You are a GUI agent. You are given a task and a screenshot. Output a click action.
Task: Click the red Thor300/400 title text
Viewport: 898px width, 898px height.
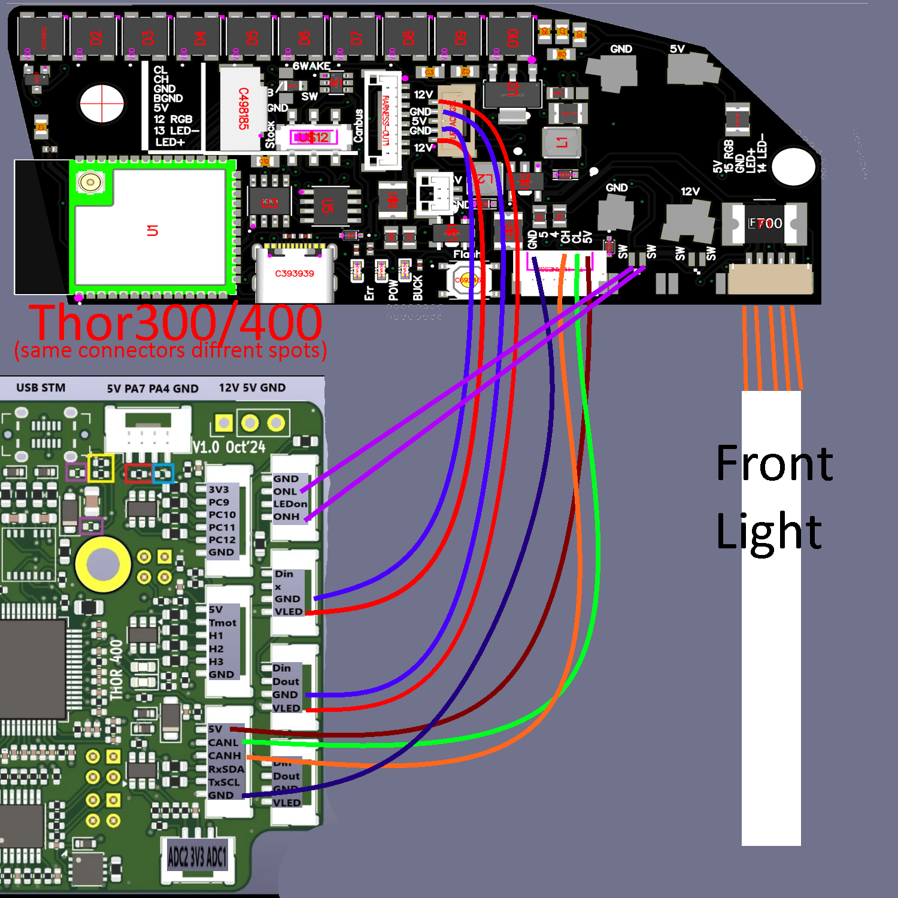(x=177, y=323)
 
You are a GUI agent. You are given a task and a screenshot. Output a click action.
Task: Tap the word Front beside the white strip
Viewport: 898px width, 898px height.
(x=774, y=463)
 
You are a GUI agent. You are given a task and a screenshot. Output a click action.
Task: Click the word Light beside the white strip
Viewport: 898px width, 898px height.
(x=769, y=532)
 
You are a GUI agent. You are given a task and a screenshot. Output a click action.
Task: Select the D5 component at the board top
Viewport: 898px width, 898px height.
(x=252, y=38)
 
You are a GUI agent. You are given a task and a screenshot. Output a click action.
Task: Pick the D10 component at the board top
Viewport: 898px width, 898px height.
(x=512, y=38)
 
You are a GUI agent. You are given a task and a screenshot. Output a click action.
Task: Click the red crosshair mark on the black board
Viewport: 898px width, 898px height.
(x=102, y=104)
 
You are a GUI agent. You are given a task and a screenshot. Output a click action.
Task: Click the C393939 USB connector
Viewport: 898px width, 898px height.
(x=294, y=274)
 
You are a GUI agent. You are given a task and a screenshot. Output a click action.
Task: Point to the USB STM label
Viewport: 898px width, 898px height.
(x=41, y=388)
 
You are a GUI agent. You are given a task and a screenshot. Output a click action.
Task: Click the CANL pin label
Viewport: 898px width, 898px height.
(x=223, y=743)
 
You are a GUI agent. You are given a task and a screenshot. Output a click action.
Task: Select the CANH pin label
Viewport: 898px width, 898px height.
(x=224, y=756)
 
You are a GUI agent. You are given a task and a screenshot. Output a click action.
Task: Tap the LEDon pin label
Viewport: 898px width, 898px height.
(x=290, y=504)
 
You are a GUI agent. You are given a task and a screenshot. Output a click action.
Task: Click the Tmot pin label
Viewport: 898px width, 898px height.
(x=222, y=623)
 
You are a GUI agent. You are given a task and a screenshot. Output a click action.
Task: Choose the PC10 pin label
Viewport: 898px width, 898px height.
(x=222, y=515)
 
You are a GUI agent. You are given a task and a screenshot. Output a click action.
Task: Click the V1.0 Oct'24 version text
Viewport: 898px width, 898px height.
(x=229, y=447)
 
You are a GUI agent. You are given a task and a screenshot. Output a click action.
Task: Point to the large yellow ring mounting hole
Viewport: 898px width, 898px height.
(x=103, y=564)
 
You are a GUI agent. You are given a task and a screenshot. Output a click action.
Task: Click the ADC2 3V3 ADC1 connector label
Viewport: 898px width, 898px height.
(x=198, y=857)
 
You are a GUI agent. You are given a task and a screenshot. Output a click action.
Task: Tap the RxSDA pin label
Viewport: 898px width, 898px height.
(x=226, y=769)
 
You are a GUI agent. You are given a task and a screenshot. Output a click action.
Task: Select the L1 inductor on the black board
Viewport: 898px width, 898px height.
(x=562, y=142)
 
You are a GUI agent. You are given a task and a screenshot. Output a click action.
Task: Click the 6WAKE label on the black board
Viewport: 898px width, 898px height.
(x=311, y=66)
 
